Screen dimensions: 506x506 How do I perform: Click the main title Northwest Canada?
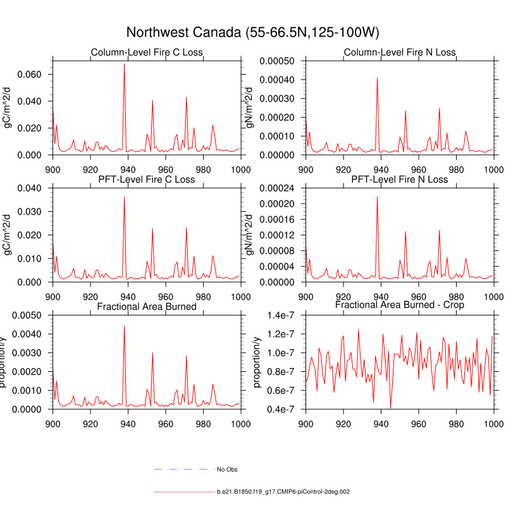point(252,32)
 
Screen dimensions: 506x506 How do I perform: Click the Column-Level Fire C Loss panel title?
point(147,52)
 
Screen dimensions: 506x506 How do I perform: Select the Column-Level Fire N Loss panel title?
point(399,52)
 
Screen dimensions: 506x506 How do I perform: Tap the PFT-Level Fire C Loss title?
point(147,180)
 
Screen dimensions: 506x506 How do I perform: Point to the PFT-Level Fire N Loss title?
point(399,180)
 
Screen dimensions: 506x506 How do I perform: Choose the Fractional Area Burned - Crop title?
point(399,305)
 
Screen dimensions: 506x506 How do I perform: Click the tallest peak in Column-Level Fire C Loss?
point(124,64)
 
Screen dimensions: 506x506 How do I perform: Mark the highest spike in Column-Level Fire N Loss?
point(377,78)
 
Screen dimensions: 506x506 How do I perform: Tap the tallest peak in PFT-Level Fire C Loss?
point(124,197)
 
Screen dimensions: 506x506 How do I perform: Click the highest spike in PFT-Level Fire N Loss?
point(377,197)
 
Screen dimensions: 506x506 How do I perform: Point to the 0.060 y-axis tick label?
point(29,75)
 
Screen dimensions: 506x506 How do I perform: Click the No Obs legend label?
point(227,469)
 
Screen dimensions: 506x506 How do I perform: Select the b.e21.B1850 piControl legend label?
point(283,491)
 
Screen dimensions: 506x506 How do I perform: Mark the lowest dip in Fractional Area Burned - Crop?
point(390,407)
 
